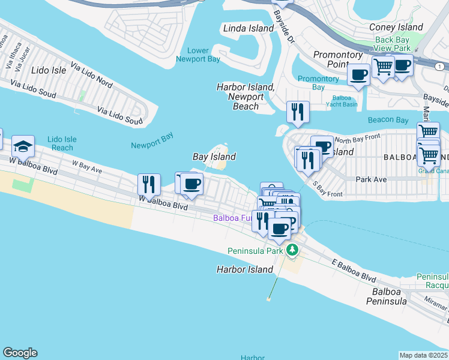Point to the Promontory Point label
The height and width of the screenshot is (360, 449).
[x=338, y=59]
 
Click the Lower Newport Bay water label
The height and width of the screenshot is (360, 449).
[x=198, y=55]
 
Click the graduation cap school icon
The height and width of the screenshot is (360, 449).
[x=23, y=146]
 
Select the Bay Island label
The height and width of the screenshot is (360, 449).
[x=214, y=157]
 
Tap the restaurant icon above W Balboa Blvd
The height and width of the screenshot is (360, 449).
[x=149, y=184]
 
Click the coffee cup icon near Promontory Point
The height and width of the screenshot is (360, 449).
[x=359, y=75]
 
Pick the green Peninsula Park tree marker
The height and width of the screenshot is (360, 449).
[x=292, y=250]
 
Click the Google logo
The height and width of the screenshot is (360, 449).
[x=20, y=353]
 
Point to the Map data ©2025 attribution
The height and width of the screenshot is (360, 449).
[x=423, y=355]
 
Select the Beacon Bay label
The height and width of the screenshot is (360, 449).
[x=388, y=120]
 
